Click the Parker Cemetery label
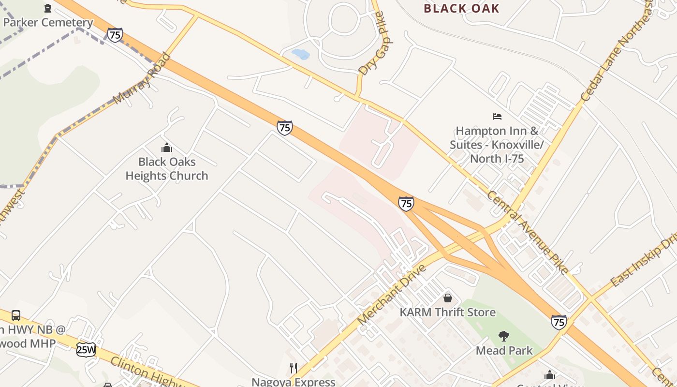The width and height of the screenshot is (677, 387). [48, 22]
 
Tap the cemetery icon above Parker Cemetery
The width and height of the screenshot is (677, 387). [48, 8]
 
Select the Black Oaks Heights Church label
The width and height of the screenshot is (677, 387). [167, 168]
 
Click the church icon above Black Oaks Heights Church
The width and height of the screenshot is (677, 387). [167, 148]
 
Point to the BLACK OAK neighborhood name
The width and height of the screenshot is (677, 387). [461, 8]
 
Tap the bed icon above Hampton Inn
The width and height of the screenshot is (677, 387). [497, 117]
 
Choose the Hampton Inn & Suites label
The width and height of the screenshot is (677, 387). [497, 144]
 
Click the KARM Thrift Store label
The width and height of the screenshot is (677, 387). [447, 312]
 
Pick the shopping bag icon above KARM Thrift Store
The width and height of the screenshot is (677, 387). [448, 298]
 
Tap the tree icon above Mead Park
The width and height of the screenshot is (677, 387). [504, 336]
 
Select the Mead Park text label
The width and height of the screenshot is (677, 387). [504, 350]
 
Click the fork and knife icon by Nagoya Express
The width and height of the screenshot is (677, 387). [294, 368]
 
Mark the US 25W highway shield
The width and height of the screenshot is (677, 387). [86, 349]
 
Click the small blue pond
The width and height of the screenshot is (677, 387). [301, 54]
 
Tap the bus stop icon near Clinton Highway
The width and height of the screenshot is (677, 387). [16, 315]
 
